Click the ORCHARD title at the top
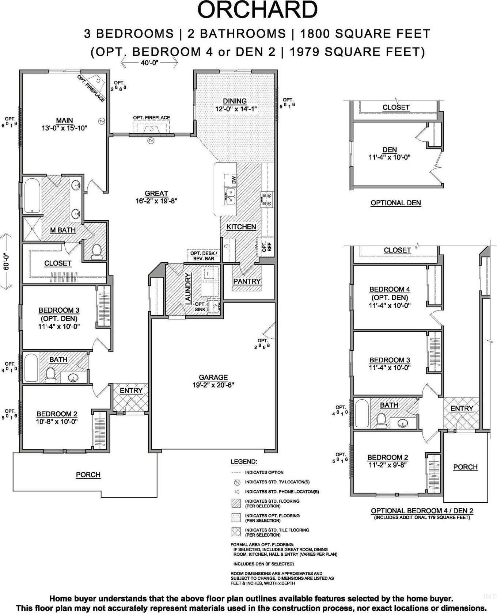257,10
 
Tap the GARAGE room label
213,377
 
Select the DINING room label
235,101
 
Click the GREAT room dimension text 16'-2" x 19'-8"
156,201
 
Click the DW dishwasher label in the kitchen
234,179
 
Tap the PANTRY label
247,281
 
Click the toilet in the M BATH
97,251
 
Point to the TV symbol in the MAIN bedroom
102,121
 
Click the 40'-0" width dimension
149,63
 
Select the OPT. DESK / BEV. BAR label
204,256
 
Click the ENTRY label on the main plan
131,391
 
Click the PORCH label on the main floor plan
88,475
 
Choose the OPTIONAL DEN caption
396,203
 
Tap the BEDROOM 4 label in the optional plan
390,289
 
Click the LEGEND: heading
244,462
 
